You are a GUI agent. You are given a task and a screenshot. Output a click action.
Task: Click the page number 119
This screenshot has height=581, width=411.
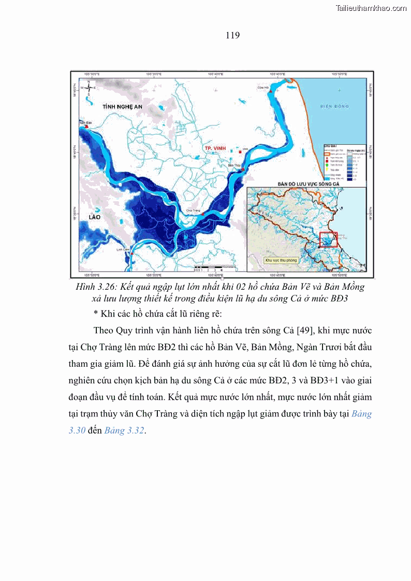[x=232, y=36]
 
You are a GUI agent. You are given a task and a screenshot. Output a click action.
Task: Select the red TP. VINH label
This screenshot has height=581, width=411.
[x=215, y=148]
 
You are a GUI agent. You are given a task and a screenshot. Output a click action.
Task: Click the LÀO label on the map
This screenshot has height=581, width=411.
[x=94, y=217]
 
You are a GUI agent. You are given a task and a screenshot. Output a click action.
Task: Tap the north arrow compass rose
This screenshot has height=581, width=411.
[x=89, y=87]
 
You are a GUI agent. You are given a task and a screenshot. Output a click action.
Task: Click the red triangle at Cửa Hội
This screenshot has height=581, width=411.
[x=270, y=91]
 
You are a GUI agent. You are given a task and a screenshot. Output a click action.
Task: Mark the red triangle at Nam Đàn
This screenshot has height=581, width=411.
[x=87, y=126]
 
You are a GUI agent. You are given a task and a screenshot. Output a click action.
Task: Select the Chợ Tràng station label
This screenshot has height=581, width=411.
[x=193, y=211]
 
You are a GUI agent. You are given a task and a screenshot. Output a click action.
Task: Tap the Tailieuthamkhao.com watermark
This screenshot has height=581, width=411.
[x=371, y=8]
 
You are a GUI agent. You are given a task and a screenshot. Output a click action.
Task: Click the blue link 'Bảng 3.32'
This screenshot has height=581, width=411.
[x=124, y=430]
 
